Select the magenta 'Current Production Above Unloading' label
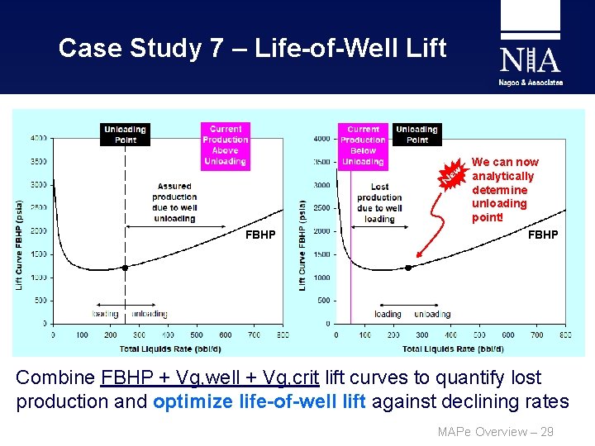225,145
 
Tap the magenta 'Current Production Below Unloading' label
363,145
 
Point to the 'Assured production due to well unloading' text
174,202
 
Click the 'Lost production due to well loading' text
379,203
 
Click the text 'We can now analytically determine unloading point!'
505,189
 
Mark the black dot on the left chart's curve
125,268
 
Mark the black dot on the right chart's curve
407,268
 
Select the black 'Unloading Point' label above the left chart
125,135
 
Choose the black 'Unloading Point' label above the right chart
416,135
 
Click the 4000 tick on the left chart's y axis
40,138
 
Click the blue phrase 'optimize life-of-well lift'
264,402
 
